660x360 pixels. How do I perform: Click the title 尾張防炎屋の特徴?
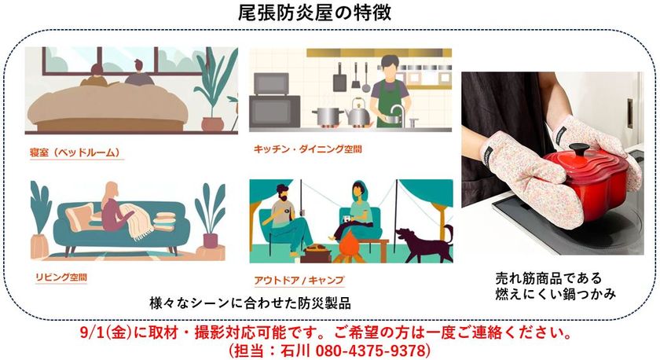314,13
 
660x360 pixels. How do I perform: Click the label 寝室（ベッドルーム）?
75,152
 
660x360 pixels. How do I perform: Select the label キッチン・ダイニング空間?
308,149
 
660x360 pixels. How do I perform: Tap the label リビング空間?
61,277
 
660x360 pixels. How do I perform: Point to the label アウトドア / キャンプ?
299,280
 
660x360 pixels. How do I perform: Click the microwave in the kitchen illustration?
271,83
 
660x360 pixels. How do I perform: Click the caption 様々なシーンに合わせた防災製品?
251,303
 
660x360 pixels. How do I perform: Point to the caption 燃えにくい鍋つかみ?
555,293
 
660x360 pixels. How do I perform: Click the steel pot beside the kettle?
328,116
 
